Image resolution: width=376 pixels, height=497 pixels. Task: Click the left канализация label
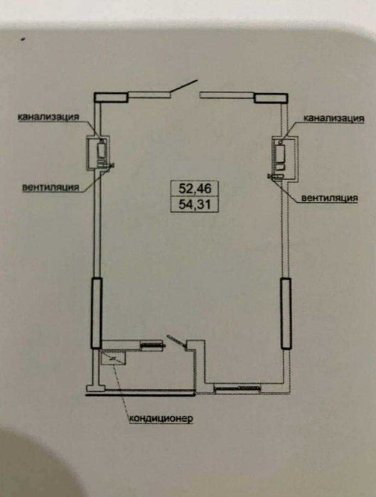(48, 117)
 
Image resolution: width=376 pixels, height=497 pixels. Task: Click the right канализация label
(334, 118)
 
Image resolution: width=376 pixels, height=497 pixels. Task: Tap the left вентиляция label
(50, 187)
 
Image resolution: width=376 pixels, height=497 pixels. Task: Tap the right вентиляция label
(329, 198)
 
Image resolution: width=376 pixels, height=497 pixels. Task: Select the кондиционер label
(161, 418)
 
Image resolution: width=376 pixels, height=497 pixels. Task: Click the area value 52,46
(195, 188)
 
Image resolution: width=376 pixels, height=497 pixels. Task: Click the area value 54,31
(195, 205)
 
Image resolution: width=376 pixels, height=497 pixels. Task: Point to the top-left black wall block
(111, 97)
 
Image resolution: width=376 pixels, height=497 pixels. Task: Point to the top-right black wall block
(271, 98)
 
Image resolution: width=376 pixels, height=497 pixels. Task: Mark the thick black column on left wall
(97, 313)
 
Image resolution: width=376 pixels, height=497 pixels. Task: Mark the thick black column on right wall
(286, 314)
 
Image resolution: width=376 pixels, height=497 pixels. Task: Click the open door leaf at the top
(183, 86)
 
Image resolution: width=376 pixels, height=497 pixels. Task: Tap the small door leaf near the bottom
(177, 342)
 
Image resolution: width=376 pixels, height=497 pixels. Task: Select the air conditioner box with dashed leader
(113, 358)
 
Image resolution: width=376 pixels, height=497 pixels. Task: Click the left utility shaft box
(98, 153)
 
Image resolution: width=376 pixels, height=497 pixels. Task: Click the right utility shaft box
(284, 159)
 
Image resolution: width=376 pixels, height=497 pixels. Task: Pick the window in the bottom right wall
(237, 388)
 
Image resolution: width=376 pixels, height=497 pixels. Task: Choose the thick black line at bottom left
(140, 395)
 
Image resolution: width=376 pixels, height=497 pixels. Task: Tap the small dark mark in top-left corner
(23, 39)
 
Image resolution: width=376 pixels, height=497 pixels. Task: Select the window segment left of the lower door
(152, 346)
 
